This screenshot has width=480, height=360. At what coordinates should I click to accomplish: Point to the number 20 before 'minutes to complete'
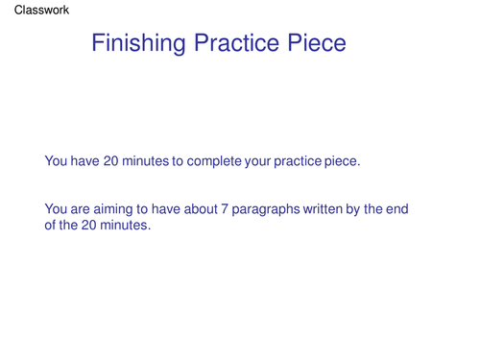point(111,161)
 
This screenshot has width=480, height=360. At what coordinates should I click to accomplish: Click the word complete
point(213,161)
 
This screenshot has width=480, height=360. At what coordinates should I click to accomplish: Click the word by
point(365,209)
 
